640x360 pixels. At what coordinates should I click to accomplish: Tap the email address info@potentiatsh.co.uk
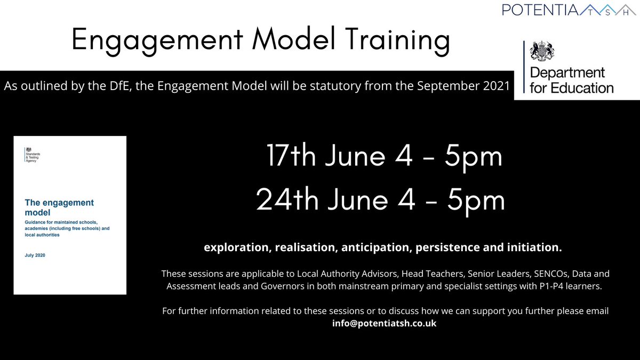tap(384, 323)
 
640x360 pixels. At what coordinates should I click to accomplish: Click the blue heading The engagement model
tap(59, 207)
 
